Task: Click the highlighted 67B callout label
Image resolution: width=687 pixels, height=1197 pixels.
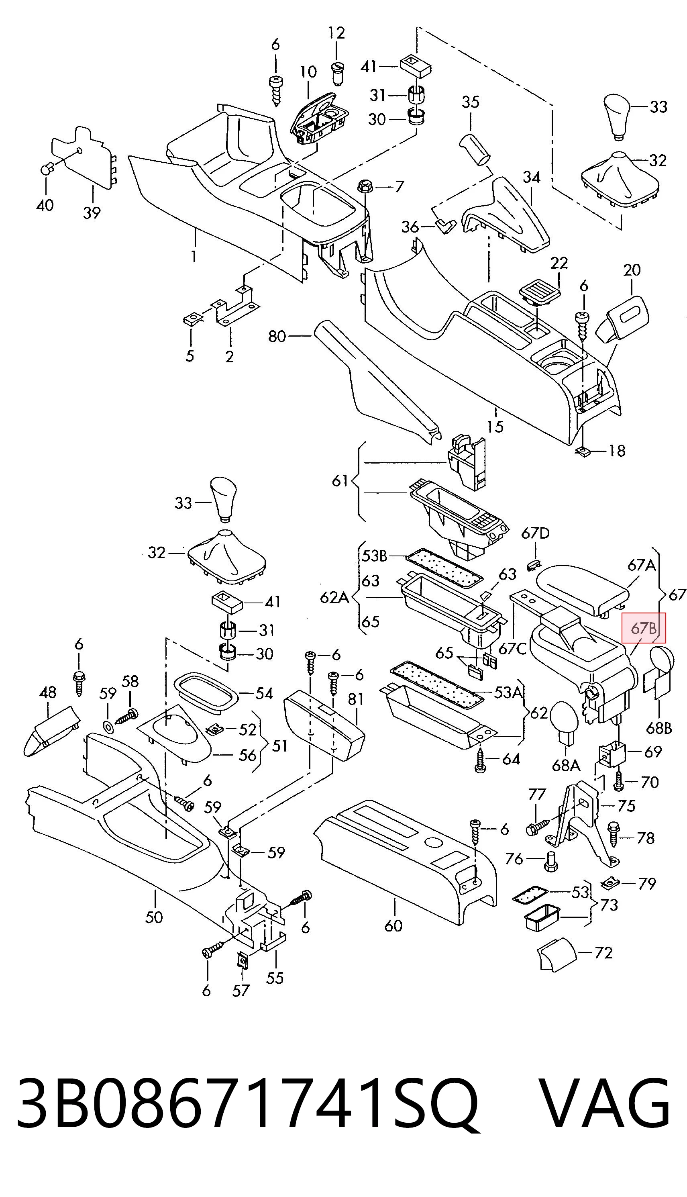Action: (x=644, y=628)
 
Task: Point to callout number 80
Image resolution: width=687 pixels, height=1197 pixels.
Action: (x=277, y=336)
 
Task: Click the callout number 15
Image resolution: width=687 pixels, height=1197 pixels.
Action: (x=495, y=427)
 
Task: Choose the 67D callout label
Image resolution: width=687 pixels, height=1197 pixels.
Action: (x=536, y=533)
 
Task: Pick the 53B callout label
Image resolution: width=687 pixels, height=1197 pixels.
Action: (x=375, y=556)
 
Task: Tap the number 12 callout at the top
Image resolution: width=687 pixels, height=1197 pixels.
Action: (x=336, y=33)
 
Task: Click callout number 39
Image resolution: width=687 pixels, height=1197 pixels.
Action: (x=92, y=213)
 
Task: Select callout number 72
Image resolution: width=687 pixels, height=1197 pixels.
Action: (x=603, y=953)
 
